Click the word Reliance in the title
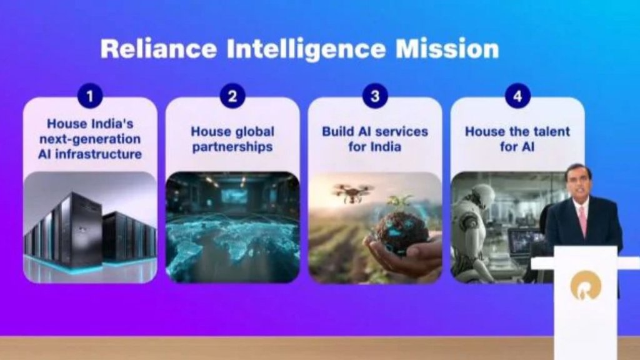(158, 49)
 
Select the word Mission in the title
(447, 49)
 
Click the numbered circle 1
(90, 96)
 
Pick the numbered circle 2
(232, 96)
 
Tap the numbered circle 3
(375, 96)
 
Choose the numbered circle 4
(517, 96)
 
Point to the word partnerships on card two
(232, 147)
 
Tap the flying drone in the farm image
(352, 192)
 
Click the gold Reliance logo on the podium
(585, 285)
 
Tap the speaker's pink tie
(582, 221)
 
